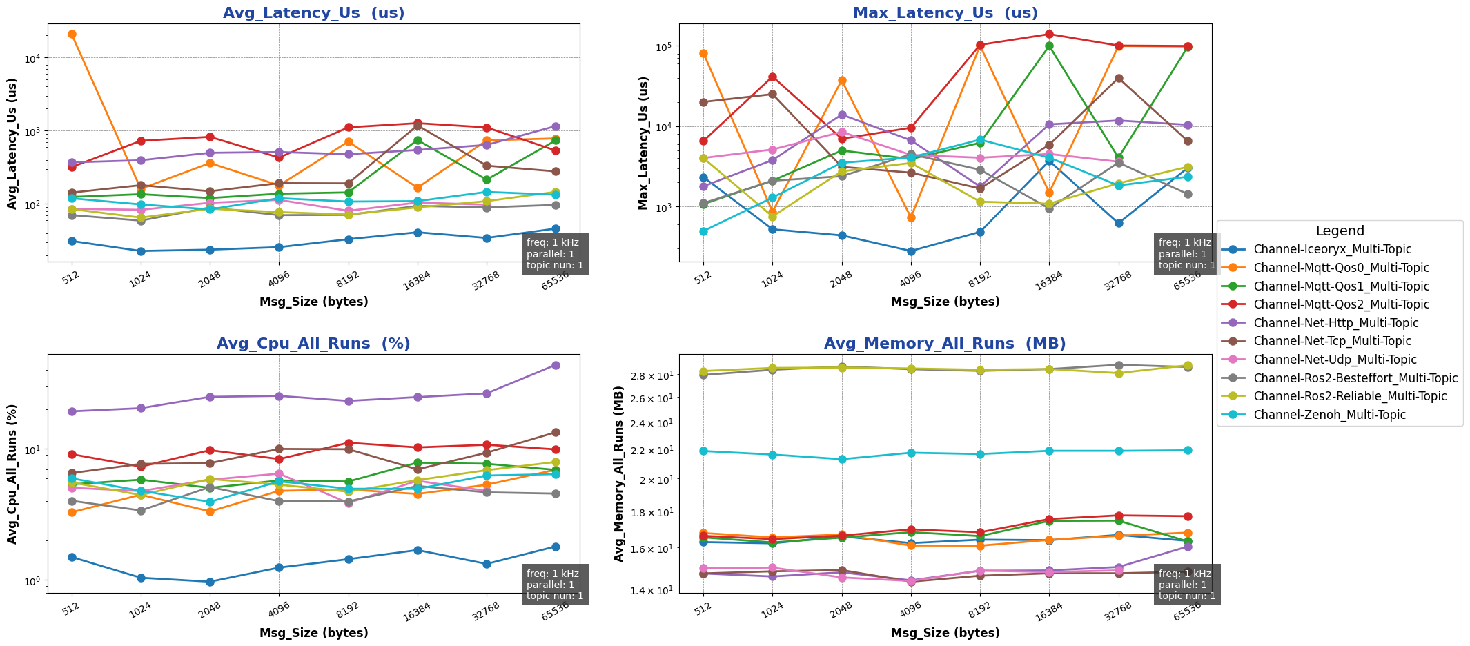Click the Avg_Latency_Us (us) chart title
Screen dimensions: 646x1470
[x=313, y=13]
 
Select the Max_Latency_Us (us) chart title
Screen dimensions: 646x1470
[x=945, y=13]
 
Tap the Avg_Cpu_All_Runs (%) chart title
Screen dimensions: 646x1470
[x=313, y=344]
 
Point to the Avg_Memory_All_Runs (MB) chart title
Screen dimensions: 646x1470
[x=945, y=344]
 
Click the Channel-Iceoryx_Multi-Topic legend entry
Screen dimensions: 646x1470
[x=1332, y=249]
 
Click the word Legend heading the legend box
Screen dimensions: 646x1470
[x=1340, y=231]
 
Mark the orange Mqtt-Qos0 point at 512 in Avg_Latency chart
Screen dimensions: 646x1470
[x=72, y=34]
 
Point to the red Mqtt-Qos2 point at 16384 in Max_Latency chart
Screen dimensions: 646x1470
[x=1049, y=34]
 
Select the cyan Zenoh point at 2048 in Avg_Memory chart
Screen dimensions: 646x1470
[x=841, y=459]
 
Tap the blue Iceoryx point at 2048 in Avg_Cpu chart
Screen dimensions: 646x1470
[x=210, y=582]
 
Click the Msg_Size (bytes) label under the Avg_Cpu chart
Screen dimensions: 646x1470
[x=313, y=633]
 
